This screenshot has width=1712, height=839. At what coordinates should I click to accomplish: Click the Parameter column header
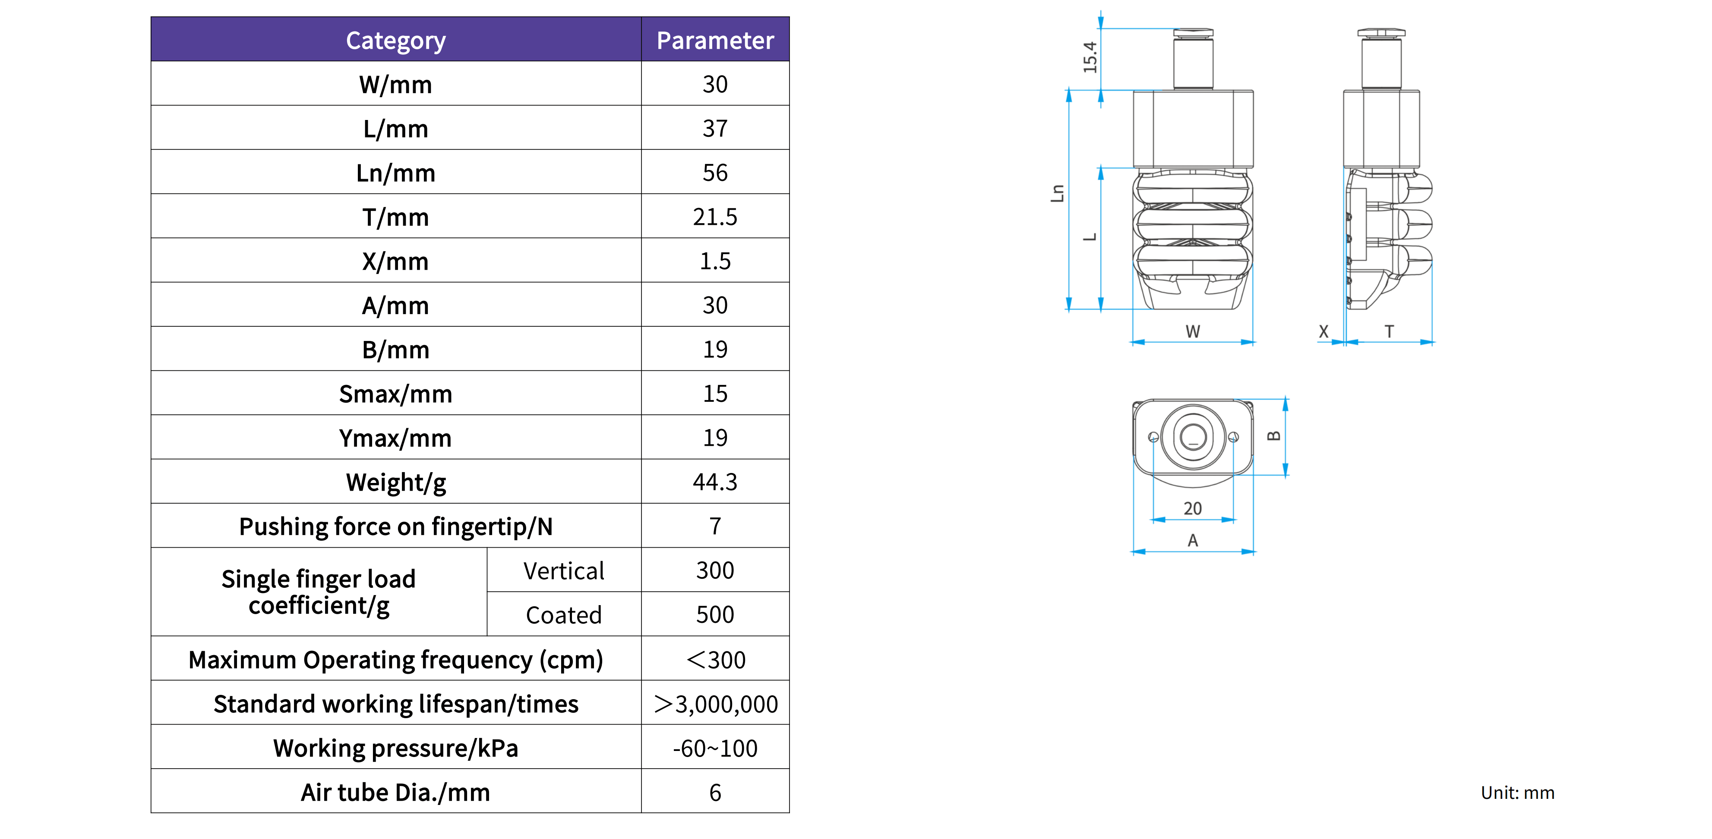point(715,41)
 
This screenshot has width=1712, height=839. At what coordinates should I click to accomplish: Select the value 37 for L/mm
point(715,128)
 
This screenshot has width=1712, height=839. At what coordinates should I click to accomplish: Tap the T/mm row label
point(395,217)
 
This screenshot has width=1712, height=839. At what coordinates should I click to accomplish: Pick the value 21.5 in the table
point(715,217)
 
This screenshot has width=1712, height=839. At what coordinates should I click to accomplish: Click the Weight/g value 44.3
point(715,482)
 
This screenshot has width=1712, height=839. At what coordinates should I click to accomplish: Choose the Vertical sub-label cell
point(564,571)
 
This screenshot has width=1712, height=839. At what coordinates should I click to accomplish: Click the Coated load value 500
point(715,615)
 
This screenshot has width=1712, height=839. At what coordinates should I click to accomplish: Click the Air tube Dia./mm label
point(395,792)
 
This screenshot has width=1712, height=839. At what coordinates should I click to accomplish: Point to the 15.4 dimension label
point(1090,57)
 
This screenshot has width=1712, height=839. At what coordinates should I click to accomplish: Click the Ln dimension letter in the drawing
point(1057,193)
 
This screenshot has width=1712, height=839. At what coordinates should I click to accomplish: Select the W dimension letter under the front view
point(1193,331)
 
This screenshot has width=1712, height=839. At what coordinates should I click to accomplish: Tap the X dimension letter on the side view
point(1323,331)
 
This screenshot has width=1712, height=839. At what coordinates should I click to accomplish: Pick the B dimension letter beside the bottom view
point(1273,436)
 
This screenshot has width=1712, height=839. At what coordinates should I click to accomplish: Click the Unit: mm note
point(1517,792)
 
